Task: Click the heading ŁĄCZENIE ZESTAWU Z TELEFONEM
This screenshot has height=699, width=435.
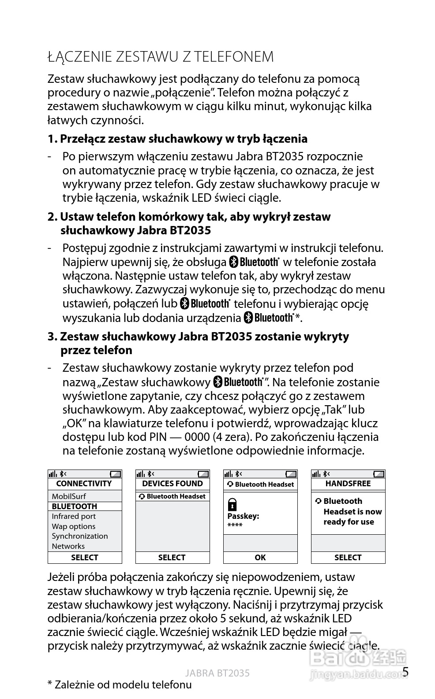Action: point(161,57)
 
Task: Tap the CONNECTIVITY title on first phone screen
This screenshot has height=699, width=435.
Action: point(84,484)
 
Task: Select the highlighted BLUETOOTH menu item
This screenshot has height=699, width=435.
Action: point(74,507)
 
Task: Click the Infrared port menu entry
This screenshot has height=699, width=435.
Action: point(73,516)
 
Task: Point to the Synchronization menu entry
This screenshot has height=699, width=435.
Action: point(79,536)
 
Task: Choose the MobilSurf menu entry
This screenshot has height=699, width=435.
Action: point(69,496)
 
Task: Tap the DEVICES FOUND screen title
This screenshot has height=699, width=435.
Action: point(172,484)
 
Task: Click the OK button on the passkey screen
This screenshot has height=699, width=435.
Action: point(260,558)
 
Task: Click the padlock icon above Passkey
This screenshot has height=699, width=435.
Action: point(232,504)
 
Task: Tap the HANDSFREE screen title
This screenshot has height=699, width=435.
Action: point(348,484)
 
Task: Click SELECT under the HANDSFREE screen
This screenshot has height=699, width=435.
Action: point(348,558)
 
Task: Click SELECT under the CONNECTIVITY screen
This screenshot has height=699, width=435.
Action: point(84,558)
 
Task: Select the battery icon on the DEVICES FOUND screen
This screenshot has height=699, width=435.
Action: point(203,474)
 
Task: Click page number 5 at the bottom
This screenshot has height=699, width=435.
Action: point(405,672)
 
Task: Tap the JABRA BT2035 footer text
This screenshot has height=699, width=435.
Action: point(217,673)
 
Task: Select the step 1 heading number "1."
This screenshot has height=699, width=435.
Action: point(52,139)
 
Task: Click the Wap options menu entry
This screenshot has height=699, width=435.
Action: point(73,526)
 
